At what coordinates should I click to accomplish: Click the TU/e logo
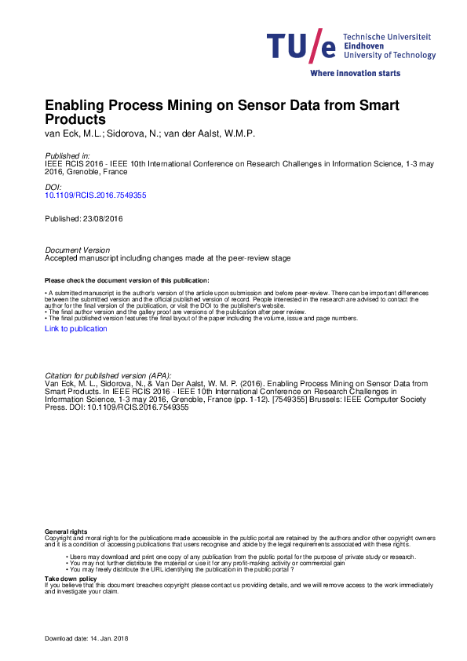tap(302, 47)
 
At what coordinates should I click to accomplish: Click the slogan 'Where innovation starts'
tap(356, 73)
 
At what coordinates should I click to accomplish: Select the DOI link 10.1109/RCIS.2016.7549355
tap(95, 194)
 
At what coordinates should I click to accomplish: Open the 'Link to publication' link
tap(75, 329)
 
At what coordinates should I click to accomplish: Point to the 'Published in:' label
tap(67, 156)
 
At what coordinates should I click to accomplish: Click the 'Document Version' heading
tap(77, 250)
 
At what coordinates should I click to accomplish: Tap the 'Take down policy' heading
tap(71, 578)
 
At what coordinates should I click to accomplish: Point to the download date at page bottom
tap(86, 638)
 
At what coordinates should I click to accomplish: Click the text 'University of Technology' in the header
tap(389, 56)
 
